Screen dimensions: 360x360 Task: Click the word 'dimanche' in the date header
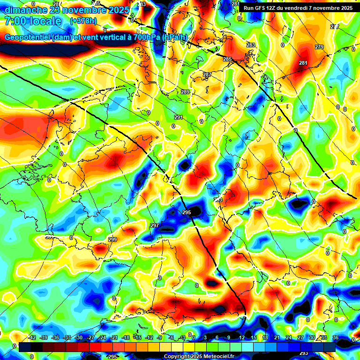23,10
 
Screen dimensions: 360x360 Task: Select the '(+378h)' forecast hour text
83,21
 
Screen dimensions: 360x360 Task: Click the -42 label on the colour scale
32,337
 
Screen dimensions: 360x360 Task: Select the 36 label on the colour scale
335,337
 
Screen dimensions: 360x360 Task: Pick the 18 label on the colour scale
265,337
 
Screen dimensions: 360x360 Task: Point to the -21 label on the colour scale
114,337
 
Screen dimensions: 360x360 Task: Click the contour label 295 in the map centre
187,213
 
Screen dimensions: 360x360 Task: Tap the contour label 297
155,225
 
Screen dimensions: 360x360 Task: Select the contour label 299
112,240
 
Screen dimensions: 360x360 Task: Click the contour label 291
178,117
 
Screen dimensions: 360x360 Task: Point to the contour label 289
185,92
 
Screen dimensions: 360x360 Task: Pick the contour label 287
207,75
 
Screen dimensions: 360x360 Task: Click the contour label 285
227,59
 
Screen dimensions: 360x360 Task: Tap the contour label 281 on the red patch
303,63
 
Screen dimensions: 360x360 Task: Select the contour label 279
319,47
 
